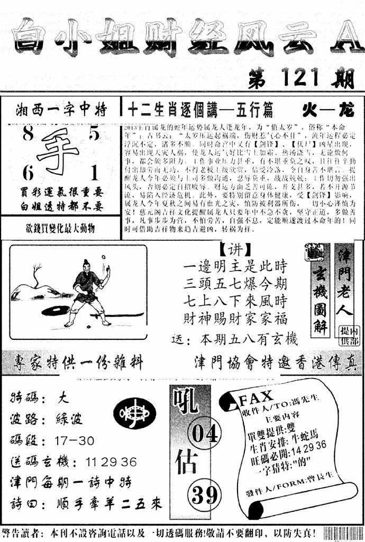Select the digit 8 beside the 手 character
coord(28,135)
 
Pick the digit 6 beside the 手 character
coord(28,173)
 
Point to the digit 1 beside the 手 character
coord(94,172)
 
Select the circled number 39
coord(204,495)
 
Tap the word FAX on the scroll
coord(257,397)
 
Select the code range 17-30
coord(74,440)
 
